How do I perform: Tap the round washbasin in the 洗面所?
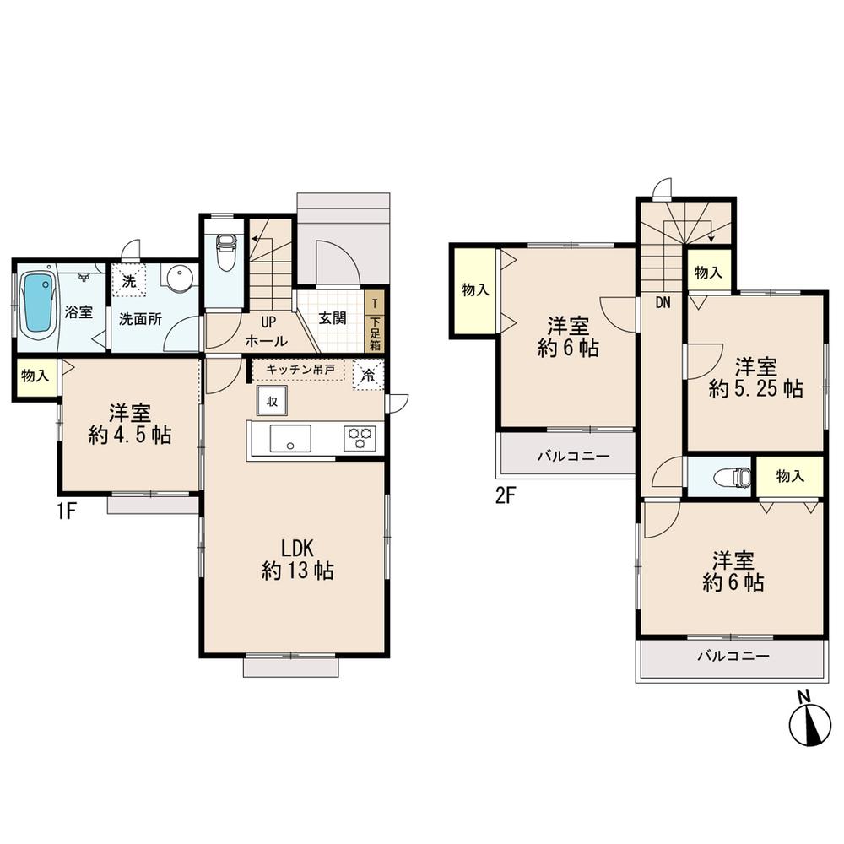178,279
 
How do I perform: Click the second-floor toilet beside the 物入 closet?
732,478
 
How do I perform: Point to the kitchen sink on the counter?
289,439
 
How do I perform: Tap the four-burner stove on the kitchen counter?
360,438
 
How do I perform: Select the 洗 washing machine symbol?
129,279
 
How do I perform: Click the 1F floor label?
68,512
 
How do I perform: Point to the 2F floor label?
505,496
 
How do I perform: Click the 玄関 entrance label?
333,319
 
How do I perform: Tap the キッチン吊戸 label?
300,370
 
